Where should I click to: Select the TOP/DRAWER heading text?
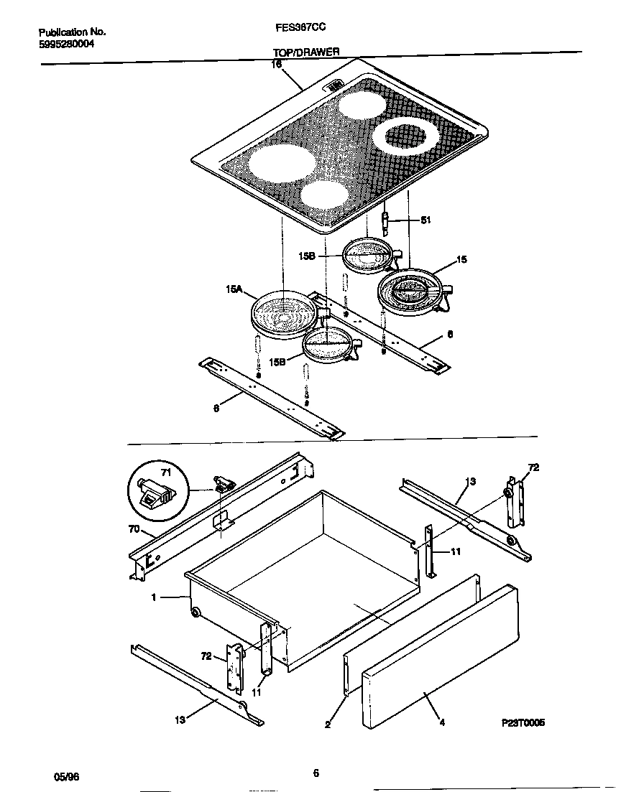click(305, 52)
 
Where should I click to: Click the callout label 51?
click(425, 220)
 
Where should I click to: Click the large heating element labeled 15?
click(414, 292)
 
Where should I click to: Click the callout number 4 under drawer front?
click(442, 722)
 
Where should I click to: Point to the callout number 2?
click(328, 725)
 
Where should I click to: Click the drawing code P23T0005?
click(523, 723)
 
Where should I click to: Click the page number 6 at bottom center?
click(316, 773)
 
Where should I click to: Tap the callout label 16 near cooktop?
click(275, 64)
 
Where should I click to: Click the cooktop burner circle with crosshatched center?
click(405, 135)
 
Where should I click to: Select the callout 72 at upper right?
click(533, 467)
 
